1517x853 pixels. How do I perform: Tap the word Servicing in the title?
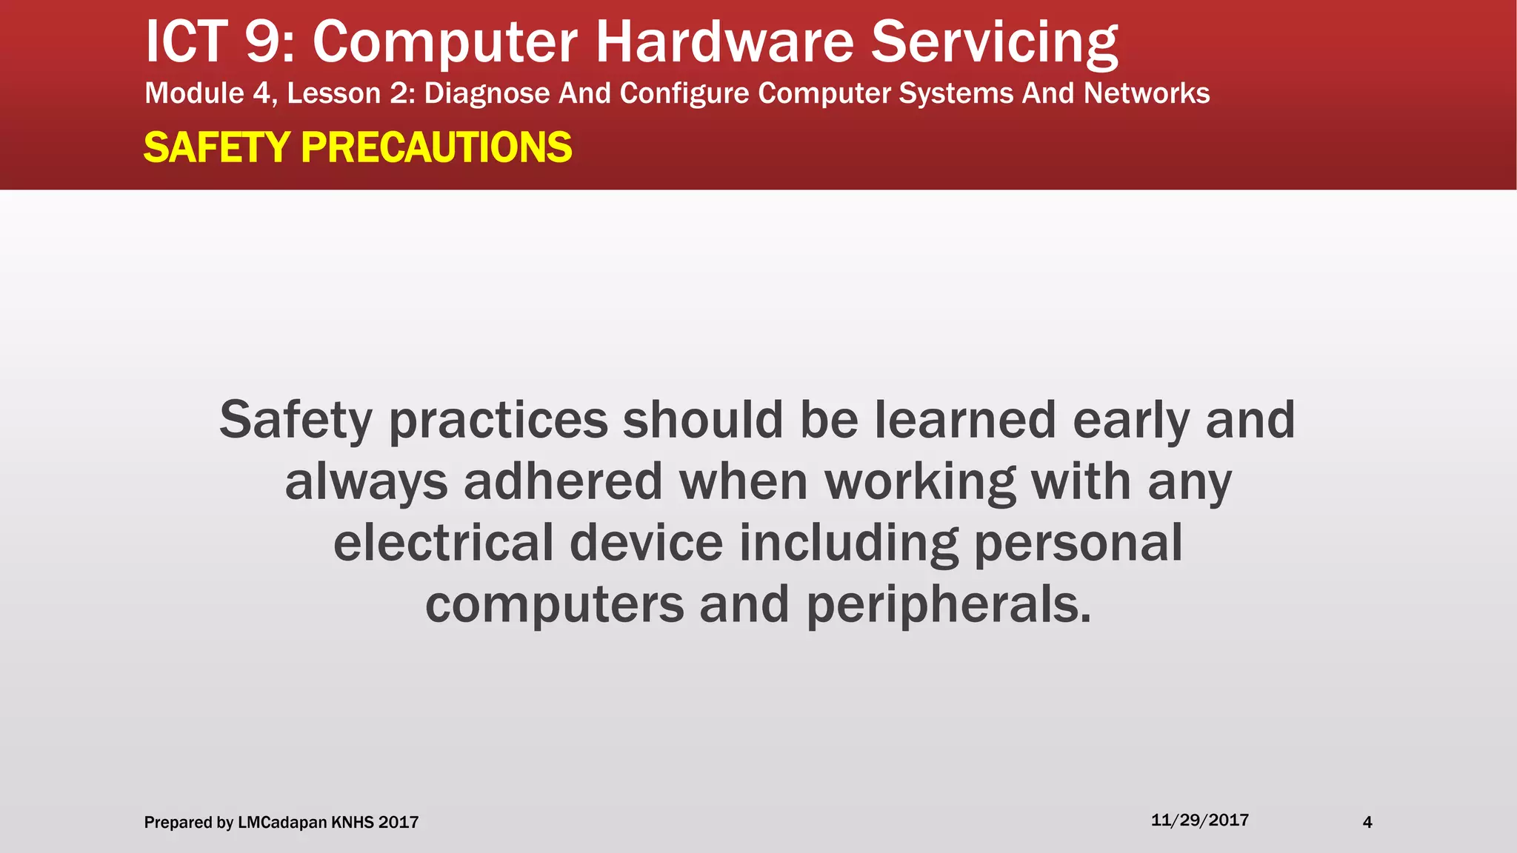pyautogui.click(x=994, y=42)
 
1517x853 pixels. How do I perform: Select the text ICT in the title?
pyautogui.click(x=186, y=42)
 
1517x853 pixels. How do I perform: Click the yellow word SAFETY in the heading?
pyautogui.click(x=216, y=147)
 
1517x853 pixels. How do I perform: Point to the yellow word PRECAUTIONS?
pyautogui.click(x=436, y=147)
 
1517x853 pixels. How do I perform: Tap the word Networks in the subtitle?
pyautogui.click(x=1146, y=94)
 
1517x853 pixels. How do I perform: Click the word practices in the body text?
pyautogui.click(x=498, y=421)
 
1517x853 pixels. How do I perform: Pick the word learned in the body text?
pyautogui.click(x=965, y=421)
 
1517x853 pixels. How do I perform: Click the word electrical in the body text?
pyautogui.click(x=443, y=543)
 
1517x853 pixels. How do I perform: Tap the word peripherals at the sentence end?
pyautogui.click(x=948, y=605)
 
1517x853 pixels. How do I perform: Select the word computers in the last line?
pyautogui.click(x=554, y=605)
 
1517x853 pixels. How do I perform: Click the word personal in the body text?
pyautogui.click(x=1078, y=543)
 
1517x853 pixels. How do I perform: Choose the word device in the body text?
pyautogui.click(x=646, y=543)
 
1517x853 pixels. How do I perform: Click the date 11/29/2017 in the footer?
pyautogui.click(x=1199, y=820)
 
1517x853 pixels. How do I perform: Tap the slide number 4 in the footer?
pyautogui.click(x=1367, y=822)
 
